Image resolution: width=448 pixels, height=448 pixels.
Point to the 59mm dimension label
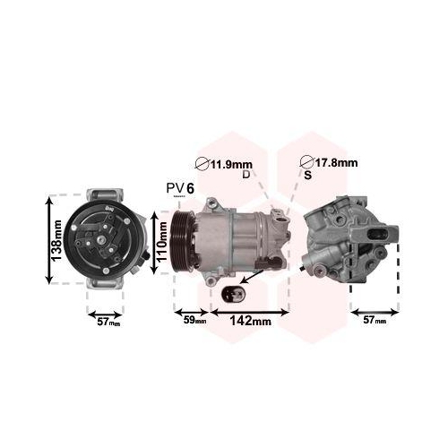(x=194, y=320)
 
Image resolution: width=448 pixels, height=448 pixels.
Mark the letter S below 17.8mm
(x=307, y=175)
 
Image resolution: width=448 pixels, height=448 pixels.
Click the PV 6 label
(x=179, y=187)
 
